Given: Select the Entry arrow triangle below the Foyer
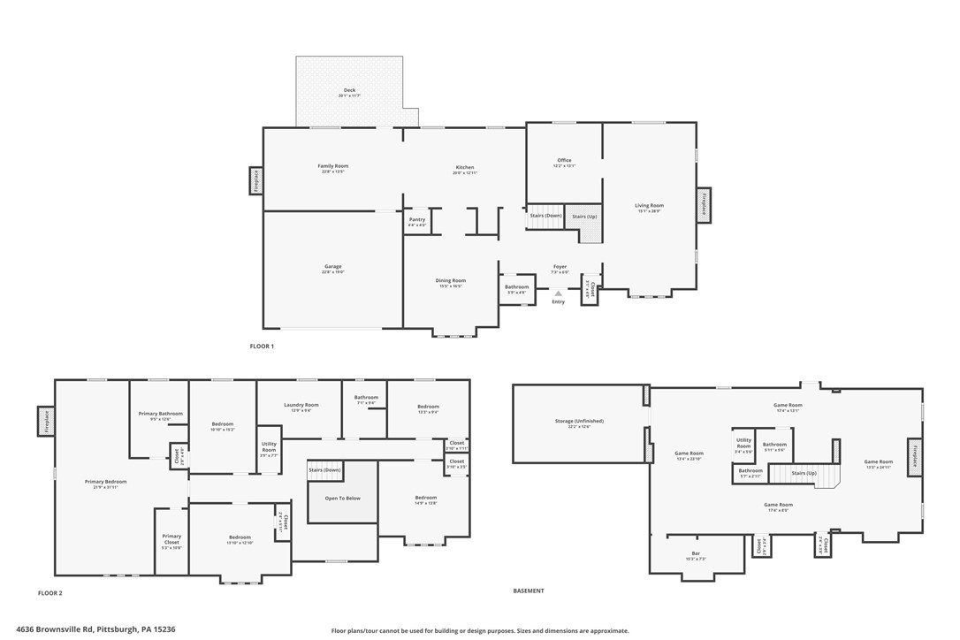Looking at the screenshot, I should (558, 293).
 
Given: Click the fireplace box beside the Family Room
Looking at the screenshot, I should (255, 181).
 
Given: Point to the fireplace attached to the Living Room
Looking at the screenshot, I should (704, 205).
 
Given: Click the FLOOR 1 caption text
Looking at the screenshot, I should (262, 347).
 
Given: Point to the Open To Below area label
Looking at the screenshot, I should (341, 499).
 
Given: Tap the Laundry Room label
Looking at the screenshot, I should (301, 408).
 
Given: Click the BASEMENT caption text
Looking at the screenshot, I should (529, 590).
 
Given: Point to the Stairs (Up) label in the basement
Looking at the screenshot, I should (804, 473).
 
